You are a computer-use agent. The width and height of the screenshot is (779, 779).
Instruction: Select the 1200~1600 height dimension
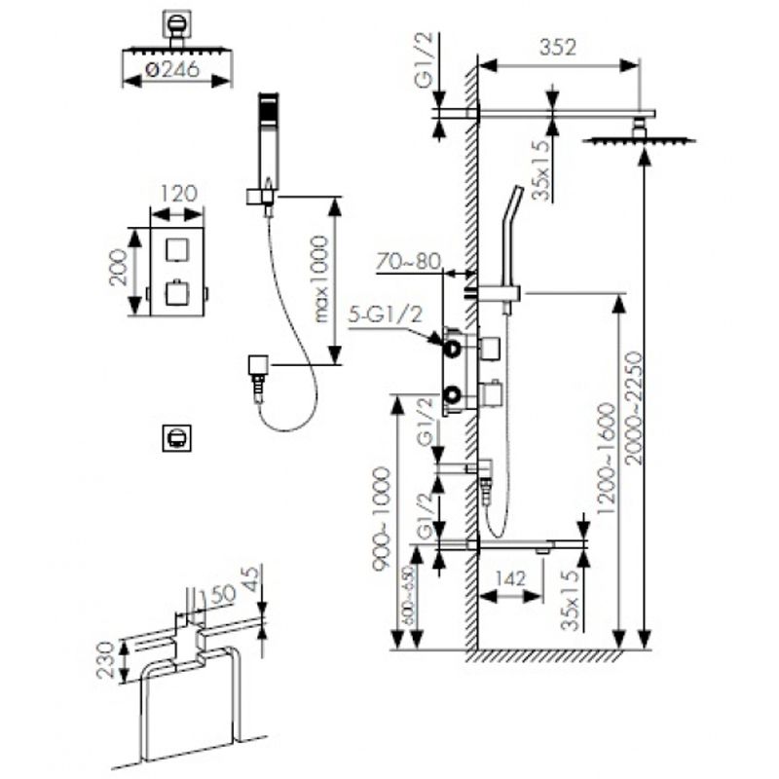click(608, 458)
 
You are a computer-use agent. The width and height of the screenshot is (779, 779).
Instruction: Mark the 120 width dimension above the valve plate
click(174, 193)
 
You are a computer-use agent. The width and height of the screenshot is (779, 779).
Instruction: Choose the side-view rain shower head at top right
click(640, 139)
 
